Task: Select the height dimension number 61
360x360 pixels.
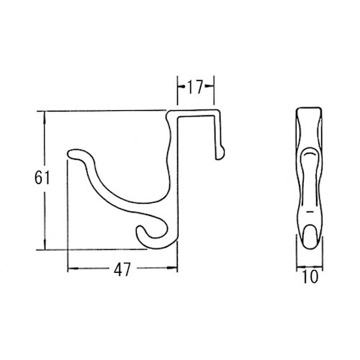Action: click(x=42, y=178)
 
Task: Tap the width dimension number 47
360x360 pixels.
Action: click(x=121, y=271)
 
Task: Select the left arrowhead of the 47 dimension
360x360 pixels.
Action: click(x=71, y=270)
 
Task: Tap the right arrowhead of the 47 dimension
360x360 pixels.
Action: click(x=174, y=270)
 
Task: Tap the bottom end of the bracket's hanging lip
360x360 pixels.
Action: click(x=220, y=152)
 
